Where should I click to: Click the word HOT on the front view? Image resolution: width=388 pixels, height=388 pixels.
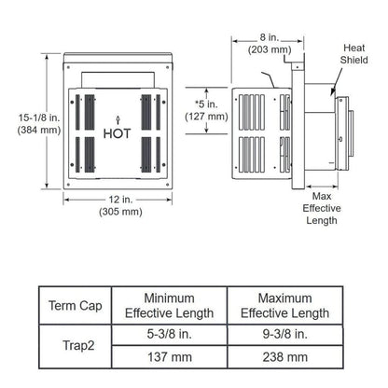118,132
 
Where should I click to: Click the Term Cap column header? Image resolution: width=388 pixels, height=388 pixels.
75,306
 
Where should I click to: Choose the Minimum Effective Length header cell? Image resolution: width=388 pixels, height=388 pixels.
169,306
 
